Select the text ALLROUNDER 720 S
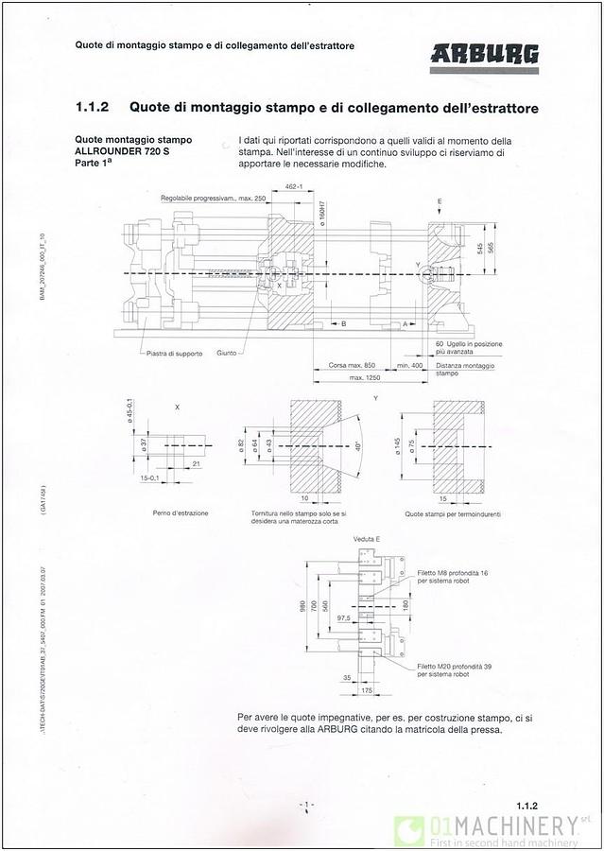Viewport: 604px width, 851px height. [x=117, y=151]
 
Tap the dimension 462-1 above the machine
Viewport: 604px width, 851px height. [x=293, y=187]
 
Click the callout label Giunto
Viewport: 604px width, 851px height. [x=227, y=354]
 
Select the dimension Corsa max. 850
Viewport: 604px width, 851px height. [x=352, y=365]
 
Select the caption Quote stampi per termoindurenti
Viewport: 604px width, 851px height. [x=453, y=513]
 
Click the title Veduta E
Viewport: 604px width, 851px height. [x=367, y=538]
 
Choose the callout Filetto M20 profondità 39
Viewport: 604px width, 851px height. [x=454, y=669]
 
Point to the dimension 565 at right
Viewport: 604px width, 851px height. [x=492, y=246]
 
